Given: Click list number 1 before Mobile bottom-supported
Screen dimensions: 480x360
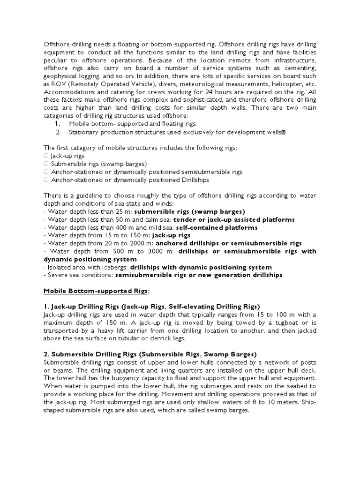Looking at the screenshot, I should [x=58, y=124].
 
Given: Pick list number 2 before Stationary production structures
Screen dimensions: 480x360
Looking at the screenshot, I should [x=58, y=132].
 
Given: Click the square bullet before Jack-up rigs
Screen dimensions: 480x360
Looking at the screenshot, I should [x=45, y=156].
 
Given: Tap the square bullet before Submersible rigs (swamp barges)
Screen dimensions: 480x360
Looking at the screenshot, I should [x=45, y=164].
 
